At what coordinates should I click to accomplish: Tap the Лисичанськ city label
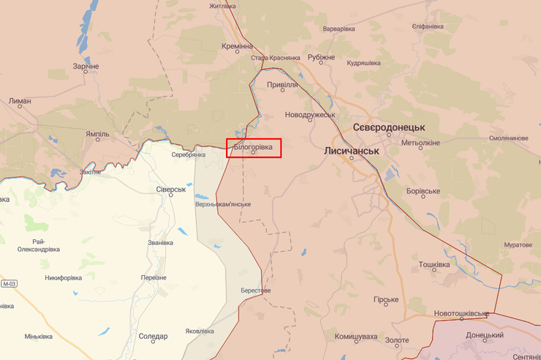click(x=352, y=150)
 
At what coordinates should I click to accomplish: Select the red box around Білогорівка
click(x=254, y=148)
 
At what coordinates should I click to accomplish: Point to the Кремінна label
click(x=237, y=45)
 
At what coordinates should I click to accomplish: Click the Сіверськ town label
click(x=172, y=189)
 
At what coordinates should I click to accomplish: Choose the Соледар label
click(x=153, y=337)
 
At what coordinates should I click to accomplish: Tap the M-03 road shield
click(x=9, y=284)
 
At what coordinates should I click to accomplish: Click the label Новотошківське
click(x=461, y=313)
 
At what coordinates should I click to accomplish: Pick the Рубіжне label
click(x=321, y=57)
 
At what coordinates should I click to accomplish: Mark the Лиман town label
click(x=20, y=102)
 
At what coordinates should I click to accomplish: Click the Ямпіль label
click(x=97, y=134)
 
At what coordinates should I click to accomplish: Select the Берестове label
click(x=256, y=290)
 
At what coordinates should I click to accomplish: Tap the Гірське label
click(x=386, y=300)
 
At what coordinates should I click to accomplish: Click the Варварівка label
click(x=338, y=29)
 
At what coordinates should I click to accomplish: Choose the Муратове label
click(x=517, y=244)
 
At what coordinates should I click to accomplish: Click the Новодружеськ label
click(x=310, y=115)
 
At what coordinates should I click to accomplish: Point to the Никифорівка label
click(x=67, y=277)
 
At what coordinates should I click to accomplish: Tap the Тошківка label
click(x=434, y=264)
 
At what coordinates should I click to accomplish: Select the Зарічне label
click(x=86, y=67)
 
